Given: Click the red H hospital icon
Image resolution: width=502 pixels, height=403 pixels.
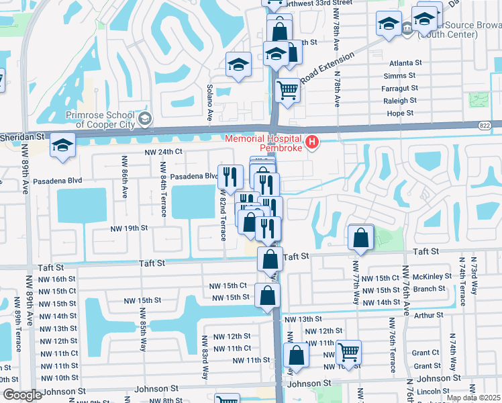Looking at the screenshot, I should [x=311, y=142].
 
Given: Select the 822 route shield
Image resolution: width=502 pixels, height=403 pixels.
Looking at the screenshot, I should [x=485, y=125].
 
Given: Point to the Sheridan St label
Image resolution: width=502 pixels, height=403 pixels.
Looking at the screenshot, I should [x=22, y=136].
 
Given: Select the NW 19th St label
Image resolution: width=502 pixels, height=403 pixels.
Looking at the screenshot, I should [x=130, y=228].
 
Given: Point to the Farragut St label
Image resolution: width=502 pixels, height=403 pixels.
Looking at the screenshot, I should [x=400, y=88].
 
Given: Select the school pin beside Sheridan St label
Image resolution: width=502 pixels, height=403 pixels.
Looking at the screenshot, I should [x=62, y=146].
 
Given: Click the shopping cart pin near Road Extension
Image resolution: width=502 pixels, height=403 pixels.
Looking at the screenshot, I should [x=287, y=89].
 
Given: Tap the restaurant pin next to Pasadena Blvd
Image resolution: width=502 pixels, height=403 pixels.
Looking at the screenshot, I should [x=230, y=177].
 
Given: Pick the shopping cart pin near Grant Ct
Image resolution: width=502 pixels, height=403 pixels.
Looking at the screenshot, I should [x=348, y=351].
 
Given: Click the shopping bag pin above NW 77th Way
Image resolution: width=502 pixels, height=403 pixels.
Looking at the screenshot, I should [x=361, y=237].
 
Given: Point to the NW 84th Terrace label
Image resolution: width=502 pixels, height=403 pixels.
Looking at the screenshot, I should [x=163, y=190].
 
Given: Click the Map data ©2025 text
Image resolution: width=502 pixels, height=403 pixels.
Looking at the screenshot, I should [x=473, y=398].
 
